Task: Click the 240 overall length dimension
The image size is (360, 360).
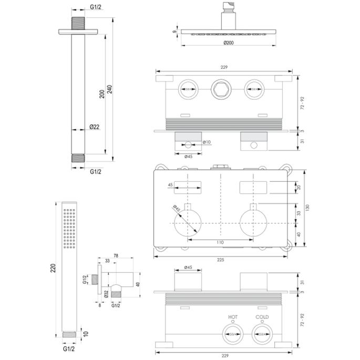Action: click(x=109, y=90)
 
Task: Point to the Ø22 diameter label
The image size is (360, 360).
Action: click(x=95, y=127)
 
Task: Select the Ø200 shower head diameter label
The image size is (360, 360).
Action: click(x=228, y=43)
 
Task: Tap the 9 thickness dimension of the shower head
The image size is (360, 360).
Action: click(x=174, y=32)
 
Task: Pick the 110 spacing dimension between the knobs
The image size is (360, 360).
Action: click(x=220, y=242)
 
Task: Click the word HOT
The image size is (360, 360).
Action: click(x=233, y=317)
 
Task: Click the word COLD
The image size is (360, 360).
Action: click(x=262, y=317)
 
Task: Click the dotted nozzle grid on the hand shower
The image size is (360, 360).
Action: click(x=69, y=228)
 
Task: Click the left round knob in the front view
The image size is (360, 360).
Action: click(x=188, y=221)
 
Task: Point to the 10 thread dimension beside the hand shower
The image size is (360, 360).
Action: click(x=85, y=333)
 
